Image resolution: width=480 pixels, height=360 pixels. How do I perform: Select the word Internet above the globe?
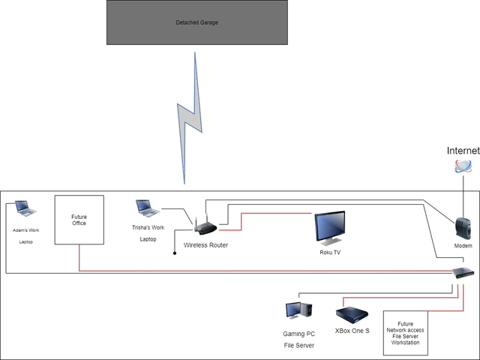462,151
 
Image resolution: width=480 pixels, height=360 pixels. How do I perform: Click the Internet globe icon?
463,166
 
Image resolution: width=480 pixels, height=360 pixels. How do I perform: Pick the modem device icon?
463,226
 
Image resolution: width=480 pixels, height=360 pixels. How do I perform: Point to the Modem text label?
463,246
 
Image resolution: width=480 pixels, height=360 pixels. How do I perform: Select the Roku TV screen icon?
330,227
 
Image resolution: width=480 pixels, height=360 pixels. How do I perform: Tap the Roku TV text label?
330,253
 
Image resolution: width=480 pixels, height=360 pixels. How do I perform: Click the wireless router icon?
205,225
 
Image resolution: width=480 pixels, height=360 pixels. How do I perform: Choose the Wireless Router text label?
205,245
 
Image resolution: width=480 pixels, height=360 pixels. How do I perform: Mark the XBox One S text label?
352,331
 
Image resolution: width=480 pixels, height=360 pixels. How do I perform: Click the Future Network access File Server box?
406,332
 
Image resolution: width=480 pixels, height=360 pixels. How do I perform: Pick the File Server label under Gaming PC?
298,346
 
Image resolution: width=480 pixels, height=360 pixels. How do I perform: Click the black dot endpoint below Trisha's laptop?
175,253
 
